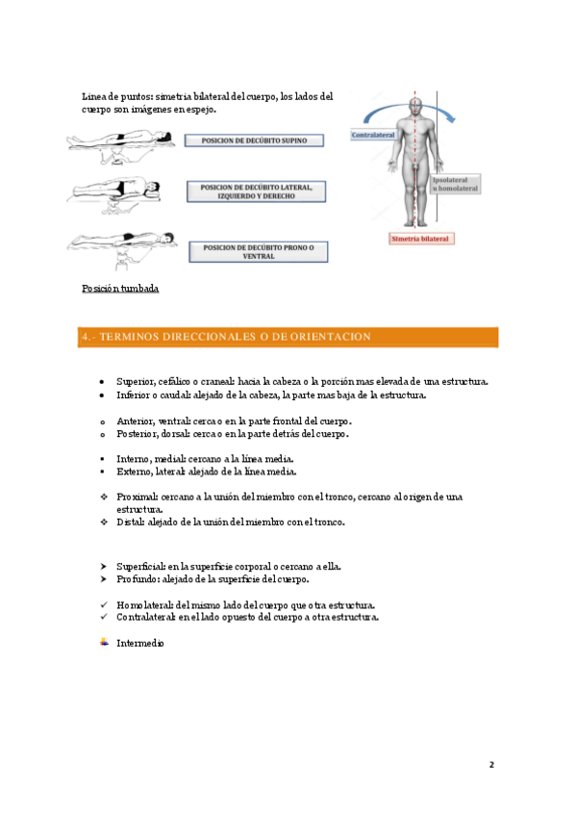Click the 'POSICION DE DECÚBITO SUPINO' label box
point(254,140)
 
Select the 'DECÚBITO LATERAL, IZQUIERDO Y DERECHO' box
point(257,191)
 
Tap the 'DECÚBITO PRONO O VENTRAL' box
point(259,252)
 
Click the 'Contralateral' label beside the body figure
point(373,135)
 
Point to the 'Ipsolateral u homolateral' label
point(456,184)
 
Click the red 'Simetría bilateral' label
point(420,239)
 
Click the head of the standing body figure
point(414,107)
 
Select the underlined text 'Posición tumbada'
point(120,289)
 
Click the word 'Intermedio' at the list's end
point(139,643)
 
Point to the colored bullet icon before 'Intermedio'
point(104,642)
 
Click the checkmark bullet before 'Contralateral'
point(104,617)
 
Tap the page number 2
point(491,764)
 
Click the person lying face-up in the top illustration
point(120,140)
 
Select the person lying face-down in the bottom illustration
point(123,240)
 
